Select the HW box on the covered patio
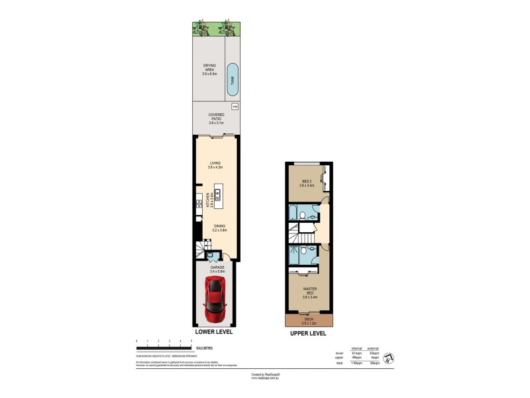(x=234, y=107)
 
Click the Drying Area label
(x=209, y=70)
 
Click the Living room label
(x=215, y=165)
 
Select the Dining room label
(x=220, y=228)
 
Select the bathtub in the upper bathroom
(x=293, y=214)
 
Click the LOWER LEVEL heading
(x=213, y=331)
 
